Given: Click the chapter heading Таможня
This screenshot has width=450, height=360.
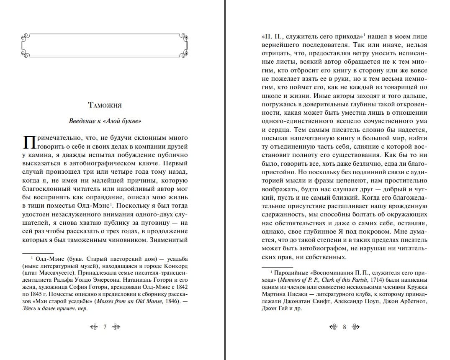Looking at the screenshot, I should [x=105, y=105].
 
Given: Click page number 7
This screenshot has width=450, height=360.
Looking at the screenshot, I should [x=105, y=327].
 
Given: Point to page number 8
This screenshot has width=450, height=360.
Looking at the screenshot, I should [x=345, y=327].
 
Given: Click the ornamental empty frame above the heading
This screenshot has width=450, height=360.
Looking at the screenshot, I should [x=105, y=44].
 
